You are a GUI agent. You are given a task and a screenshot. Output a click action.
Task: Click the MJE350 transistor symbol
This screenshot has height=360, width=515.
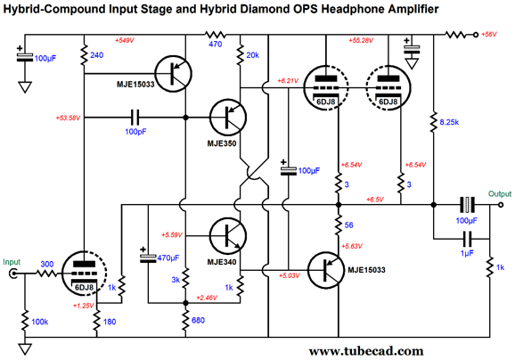[x=228, y=118]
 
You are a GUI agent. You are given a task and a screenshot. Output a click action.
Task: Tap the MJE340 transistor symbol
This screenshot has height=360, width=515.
[x=228, y=236]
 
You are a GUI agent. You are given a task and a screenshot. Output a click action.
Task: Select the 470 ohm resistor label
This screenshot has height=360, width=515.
[x=215, y=44]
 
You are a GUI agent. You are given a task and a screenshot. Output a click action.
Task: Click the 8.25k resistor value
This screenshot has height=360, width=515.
[x=449, y=122]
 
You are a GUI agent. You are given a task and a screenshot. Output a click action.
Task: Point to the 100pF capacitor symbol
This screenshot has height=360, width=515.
[x=135, y=118]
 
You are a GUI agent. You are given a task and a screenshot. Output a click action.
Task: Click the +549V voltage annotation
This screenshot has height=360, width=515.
[x=125, y=40]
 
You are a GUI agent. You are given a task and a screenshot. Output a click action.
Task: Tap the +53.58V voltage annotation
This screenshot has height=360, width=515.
[x=68, y=118]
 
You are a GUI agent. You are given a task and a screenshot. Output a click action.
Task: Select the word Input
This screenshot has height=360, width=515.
[x=12, y=262]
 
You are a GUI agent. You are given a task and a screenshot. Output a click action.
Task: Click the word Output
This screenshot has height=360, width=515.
[x=500, y=193]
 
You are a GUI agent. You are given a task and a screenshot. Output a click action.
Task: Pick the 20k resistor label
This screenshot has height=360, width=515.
[x=252, y=55]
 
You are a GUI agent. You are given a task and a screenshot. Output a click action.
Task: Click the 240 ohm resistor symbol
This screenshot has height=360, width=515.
[x=84, y=55]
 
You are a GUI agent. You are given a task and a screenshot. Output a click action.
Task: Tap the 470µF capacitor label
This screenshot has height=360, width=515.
[x=168, y=258]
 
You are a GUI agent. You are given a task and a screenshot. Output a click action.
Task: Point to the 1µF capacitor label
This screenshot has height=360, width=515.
[x=467, y=253]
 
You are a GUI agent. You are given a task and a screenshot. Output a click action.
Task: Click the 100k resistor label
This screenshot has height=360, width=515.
[x=40, y=322]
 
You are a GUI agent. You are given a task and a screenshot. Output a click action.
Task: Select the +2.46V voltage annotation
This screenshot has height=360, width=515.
[x=207, y=298]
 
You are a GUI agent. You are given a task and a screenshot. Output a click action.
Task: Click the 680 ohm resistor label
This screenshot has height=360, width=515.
[x=198, y=320]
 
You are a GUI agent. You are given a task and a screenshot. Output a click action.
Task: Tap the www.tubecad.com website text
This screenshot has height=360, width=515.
[x=366, y=351]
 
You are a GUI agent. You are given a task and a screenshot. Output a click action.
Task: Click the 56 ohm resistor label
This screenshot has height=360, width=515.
[x=348, y=225]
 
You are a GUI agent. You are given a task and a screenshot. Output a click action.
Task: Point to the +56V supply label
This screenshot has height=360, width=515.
[x=489, y=34]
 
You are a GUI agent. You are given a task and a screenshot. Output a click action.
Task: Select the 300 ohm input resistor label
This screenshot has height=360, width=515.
[x=47, y=264]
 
